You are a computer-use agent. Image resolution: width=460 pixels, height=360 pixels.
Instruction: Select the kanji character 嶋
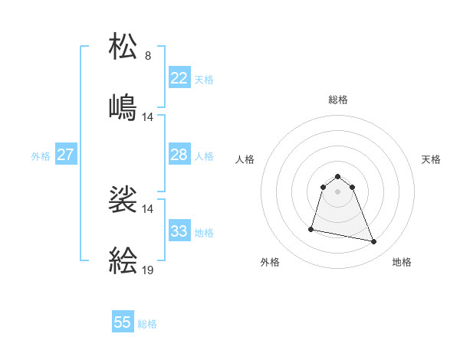123,106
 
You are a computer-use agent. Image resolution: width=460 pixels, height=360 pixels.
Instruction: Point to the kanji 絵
123,260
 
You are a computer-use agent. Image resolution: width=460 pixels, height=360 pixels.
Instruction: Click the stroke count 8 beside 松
148,56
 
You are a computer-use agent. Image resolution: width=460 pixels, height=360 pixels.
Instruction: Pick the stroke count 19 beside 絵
148,270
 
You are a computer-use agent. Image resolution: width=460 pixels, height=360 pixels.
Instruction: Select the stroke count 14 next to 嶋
148,117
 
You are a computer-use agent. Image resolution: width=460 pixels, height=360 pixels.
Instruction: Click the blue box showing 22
179,78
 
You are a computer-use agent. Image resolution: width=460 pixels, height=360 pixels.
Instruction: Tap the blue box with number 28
179,155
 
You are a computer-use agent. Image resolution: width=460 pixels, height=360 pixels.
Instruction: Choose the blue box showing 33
179,231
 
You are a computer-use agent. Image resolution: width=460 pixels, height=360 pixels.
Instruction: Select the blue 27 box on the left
65,155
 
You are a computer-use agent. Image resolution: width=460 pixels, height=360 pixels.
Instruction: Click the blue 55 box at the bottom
123,322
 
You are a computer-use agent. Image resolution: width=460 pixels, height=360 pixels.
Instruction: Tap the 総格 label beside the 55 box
147,324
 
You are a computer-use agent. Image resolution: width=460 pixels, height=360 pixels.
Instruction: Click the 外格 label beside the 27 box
41,155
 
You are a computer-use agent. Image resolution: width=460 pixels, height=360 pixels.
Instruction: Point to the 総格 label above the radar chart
338,100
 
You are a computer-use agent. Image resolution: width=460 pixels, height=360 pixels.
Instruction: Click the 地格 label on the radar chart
402,262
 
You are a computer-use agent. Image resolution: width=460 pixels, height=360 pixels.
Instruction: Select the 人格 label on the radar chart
245,159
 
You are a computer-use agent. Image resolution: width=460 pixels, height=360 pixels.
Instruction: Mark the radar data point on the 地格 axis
374,242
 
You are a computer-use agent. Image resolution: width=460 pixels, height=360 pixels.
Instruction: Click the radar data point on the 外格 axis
311,228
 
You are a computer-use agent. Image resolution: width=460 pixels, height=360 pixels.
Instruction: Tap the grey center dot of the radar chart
338,191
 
